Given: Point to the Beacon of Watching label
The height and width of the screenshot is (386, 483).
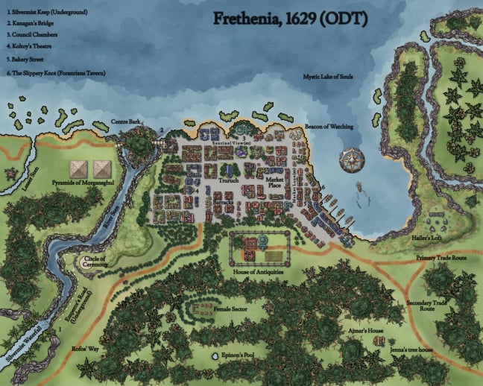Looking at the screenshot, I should pyautogui.click(x=329, y=127).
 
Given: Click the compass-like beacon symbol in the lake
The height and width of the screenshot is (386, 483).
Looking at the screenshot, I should pyautogui.click(x=350, y=159).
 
